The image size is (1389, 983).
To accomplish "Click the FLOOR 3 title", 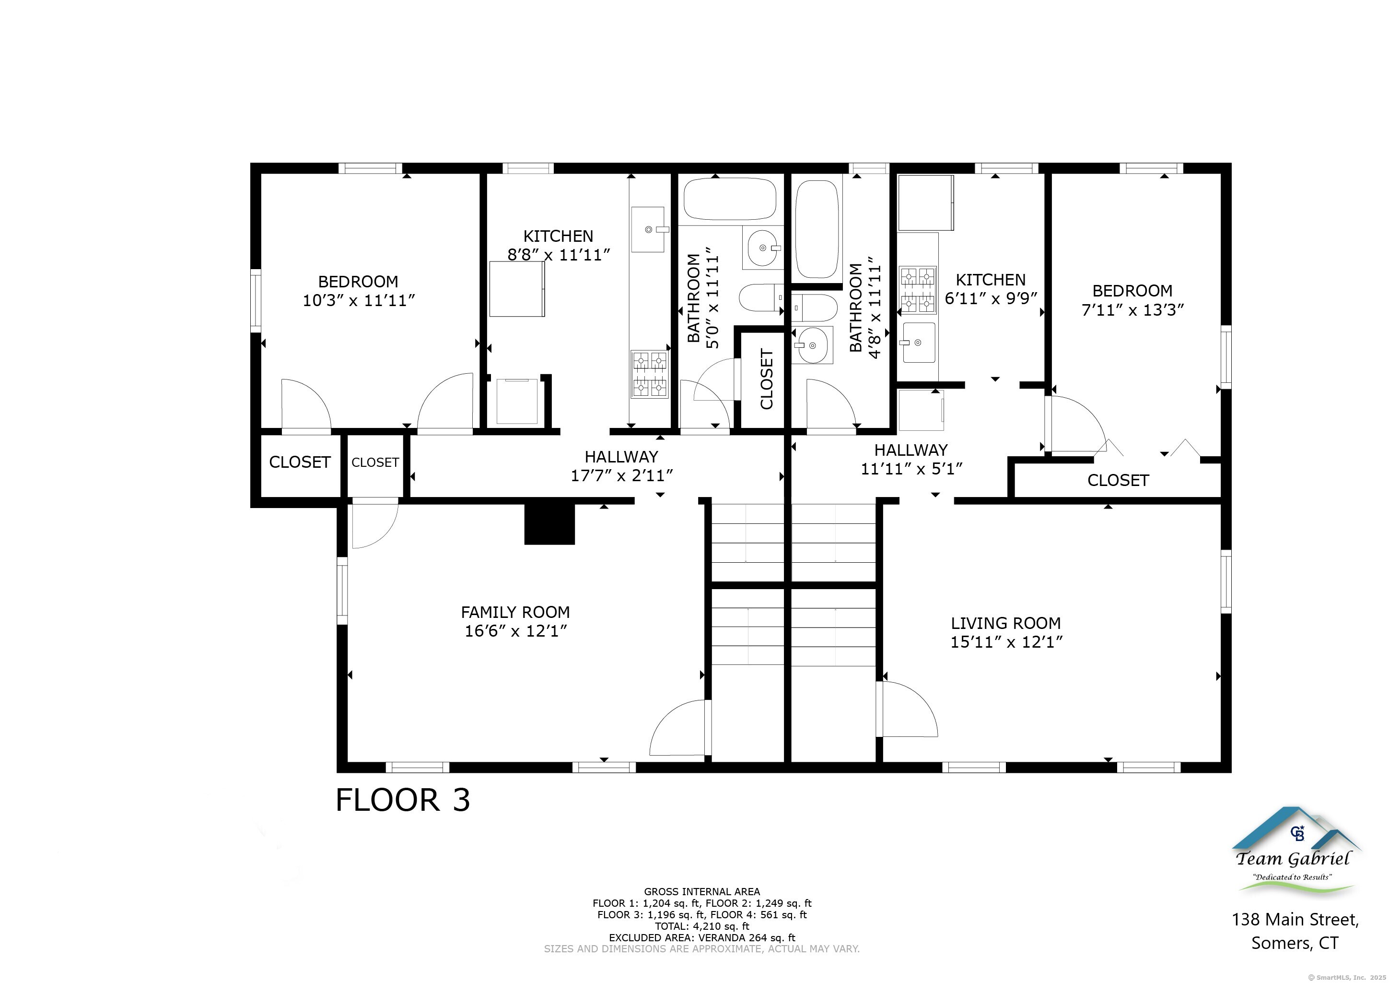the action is pos(402,800).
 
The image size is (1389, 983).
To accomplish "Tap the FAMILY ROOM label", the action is pos(515,612).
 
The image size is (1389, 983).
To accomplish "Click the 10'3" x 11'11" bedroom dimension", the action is pos(359,300).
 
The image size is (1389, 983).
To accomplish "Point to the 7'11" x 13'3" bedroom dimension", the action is pos(1132,310).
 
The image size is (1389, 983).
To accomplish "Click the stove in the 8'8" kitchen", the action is pos(650,374).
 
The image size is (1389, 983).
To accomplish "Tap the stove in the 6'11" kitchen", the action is pos(918,290).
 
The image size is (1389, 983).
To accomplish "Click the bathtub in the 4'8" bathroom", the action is pos(817,229).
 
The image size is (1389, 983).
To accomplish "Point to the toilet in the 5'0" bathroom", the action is pos(762,298).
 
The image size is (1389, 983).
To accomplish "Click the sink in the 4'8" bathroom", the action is pos(812,345).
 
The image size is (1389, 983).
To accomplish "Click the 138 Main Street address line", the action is pos(1295,920).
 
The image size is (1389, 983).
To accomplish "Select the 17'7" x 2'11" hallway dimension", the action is pos(622,476).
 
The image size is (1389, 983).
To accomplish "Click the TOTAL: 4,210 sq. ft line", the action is pos(702,926).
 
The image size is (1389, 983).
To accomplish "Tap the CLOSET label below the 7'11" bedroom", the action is pos(1118,481).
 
